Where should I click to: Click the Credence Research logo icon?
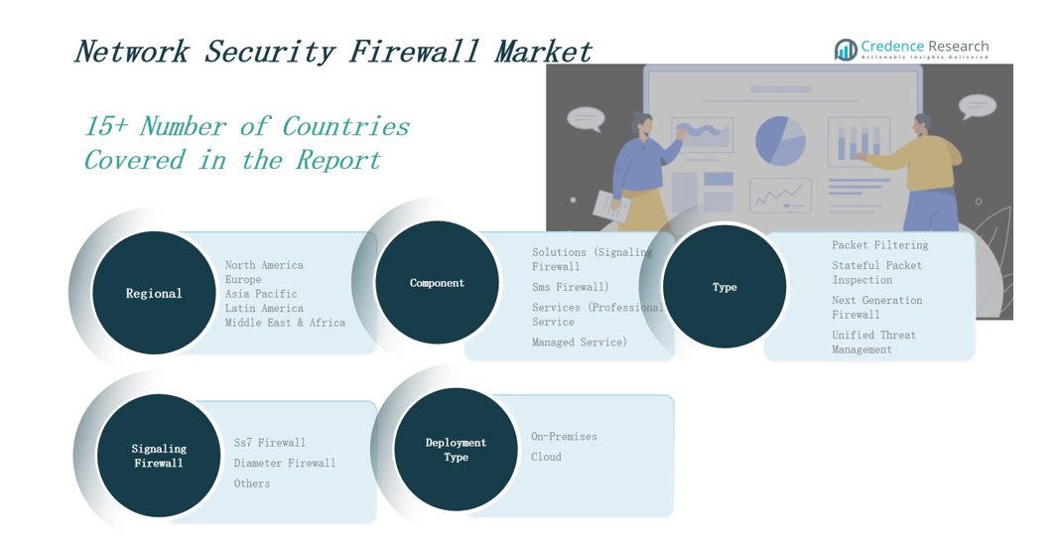click(x=846, y=49)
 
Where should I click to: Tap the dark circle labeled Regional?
click(x=154, y=293)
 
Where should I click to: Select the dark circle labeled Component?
click(x=437, y=283)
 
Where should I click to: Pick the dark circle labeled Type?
click(x=725, y=287)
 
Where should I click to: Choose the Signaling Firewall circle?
click(x=159, y=456)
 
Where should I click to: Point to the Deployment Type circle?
click(x=456, y=450)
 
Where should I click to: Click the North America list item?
click(x=264, y=265)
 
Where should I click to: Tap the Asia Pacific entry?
click(x=261, y=294)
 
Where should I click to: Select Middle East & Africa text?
click(x=285, y=323)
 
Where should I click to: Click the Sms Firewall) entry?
click(x=571, y=287)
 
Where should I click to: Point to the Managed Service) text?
click(x=580, y=343)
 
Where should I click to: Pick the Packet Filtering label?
click(x=879, y=245)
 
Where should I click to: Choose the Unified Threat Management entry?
click(x=873, y=343)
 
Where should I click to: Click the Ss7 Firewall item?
click(x=270, y=443)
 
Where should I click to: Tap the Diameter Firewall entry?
click(x=285, y=463)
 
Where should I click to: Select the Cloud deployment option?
click(x=546, y=457)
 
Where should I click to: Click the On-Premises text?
click(x=564, y=437)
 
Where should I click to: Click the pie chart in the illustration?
click(x=780, y=141)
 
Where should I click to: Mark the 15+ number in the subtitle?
click(x=105, y=127)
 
